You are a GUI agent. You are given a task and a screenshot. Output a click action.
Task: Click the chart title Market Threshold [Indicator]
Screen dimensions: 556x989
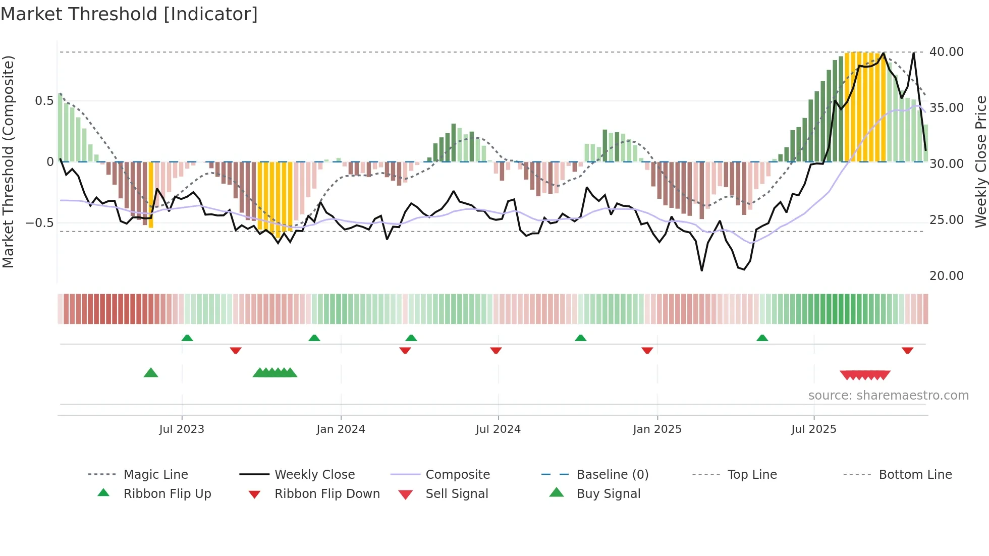click(x=129, y=14)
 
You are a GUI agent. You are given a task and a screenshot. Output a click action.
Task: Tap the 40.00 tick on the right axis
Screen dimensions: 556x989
click(x=946, y=52)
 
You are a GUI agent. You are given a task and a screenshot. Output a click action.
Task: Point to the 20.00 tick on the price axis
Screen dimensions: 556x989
click(x=946, y=276)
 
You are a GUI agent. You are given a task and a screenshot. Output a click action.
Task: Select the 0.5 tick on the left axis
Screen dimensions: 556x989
click(x=44, y=101)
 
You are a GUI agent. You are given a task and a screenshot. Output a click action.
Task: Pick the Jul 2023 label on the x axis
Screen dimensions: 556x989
click(x=182, y=429)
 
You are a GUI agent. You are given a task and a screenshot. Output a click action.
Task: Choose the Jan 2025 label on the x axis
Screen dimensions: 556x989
click(x=657, y=429)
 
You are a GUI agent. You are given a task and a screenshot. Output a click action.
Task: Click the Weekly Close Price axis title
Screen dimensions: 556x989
click(x=980, y=161)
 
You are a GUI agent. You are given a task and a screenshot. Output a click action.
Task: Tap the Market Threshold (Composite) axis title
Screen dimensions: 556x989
click(x=8, y=161)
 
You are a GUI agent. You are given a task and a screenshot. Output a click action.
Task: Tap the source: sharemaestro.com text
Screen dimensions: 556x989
click(x=888, y=396)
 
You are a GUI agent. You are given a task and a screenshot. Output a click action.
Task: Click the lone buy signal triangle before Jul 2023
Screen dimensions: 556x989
click(x=151, y=373)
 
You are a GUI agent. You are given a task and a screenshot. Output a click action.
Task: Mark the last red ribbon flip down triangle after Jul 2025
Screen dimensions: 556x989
click(x=907, y=350)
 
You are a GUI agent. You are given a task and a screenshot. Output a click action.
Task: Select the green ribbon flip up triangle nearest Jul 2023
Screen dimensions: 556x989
click(x=187, y=338)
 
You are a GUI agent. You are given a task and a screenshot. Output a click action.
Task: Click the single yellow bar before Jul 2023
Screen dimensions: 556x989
click(x=151, y=194)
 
